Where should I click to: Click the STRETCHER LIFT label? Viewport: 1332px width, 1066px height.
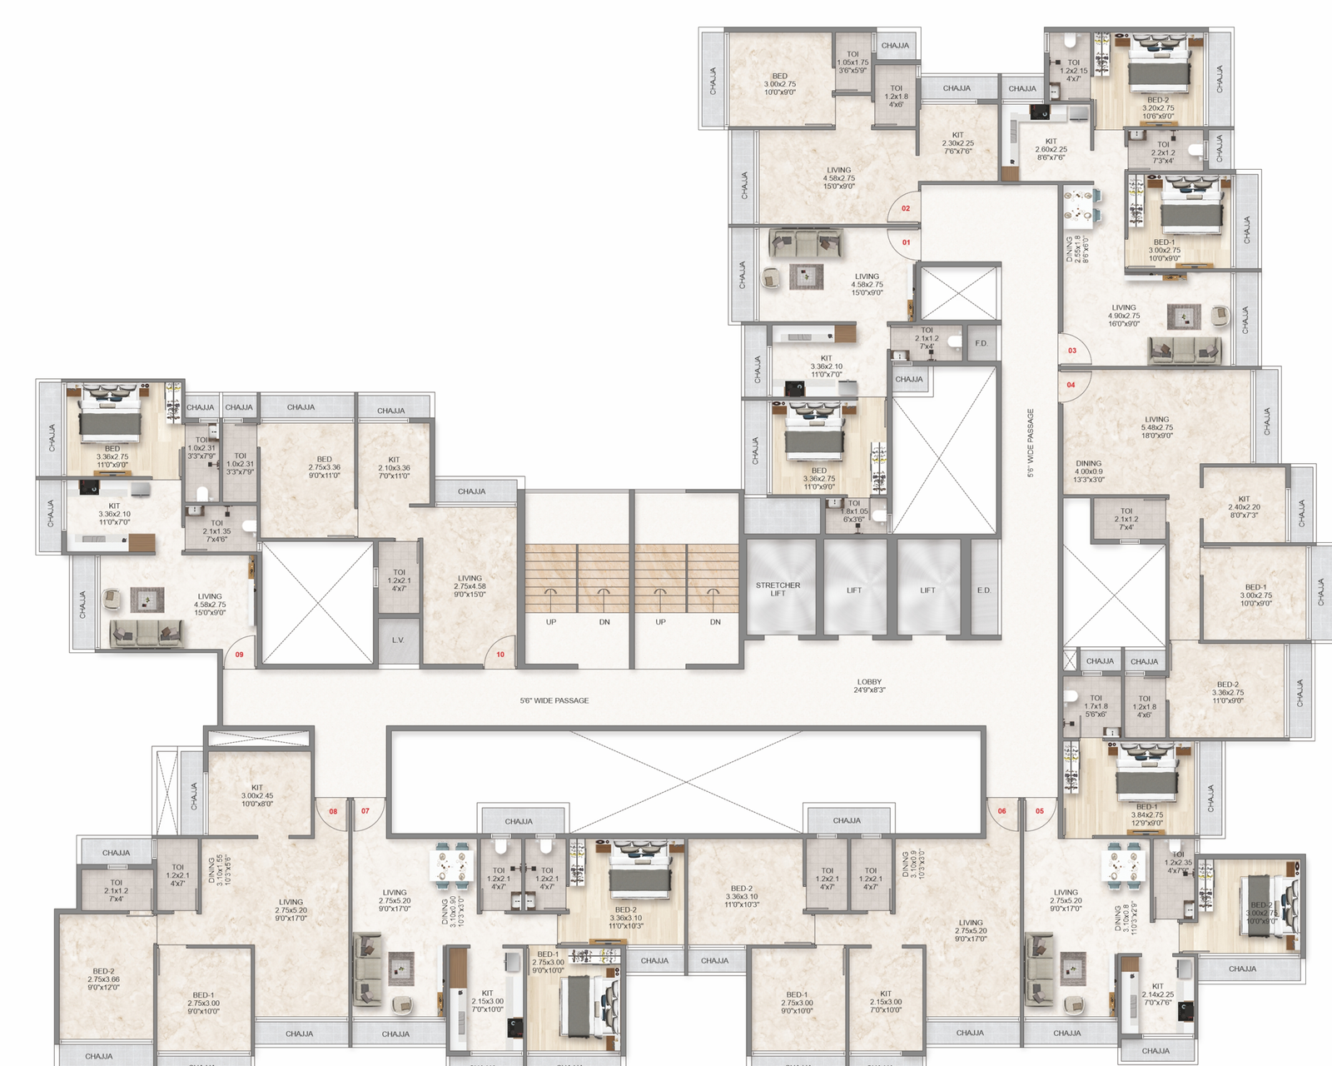pyautogui.click(x=778, y=589)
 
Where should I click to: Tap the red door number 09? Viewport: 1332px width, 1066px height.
pyautogui.click(x=240, y=655)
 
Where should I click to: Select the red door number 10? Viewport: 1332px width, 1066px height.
pyautogui.click(x=500, y=655)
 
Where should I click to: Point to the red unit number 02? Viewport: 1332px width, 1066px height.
pyautogui.click(x=906, y=208)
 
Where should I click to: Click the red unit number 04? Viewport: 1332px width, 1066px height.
pyautogui.click(x=1071, y=385)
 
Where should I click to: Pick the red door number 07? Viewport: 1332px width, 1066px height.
pyautogui.click(x=365, y=810)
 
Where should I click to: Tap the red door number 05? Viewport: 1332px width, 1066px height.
pyautogui.click(x=1040, y=810)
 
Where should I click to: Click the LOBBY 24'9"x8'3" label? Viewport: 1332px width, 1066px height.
pyautogui.click(x=869, y=685)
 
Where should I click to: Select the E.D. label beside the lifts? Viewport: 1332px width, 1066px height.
pyautogui.click(x=983, y=590)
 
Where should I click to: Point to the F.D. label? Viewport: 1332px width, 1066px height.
pyautogui.click(x=981, y=343)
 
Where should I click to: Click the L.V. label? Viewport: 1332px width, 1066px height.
pyautogui.click(x=398, y=640)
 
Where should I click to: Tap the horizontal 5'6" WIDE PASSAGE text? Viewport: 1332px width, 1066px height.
pyautogui.click(x=554, y=700)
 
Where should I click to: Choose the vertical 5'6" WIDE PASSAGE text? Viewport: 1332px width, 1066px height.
pyautogui.click(x=1031, y=442)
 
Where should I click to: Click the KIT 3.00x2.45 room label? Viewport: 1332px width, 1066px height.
pyautogui.click(x=257, y=795)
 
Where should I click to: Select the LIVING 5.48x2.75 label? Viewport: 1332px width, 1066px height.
pyautogui.click(x=1157, y=427)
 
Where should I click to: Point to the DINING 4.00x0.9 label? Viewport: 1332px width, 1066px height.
pyautogui.click(x=1089, y=471)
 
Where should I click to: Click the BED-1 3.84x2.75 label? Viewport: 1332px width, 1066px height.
pyautogui.click(x=1146, y=814)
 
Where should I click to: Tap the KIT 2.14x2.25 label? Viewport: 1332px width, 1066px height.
pyautogui.click(x=1157, y=994)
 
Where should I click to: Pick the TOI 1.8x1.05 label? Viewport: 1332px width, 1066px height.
pyautogui.click(x=854, y=511)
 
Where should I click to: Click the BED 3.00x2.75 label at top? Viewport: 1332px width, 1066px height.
pyautogui.click(x=780, y=84)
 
